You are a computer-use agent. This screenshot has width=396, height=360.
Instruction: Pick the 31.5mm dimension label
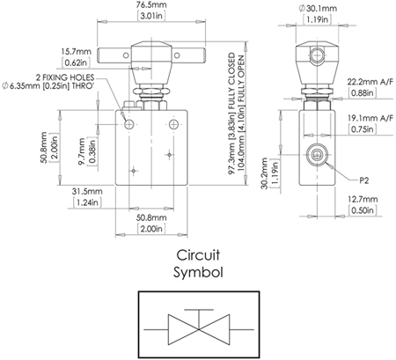tap(89, 191)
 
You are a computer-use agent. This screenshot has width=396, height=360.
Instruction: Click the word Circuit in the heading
tap(199, 256)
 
